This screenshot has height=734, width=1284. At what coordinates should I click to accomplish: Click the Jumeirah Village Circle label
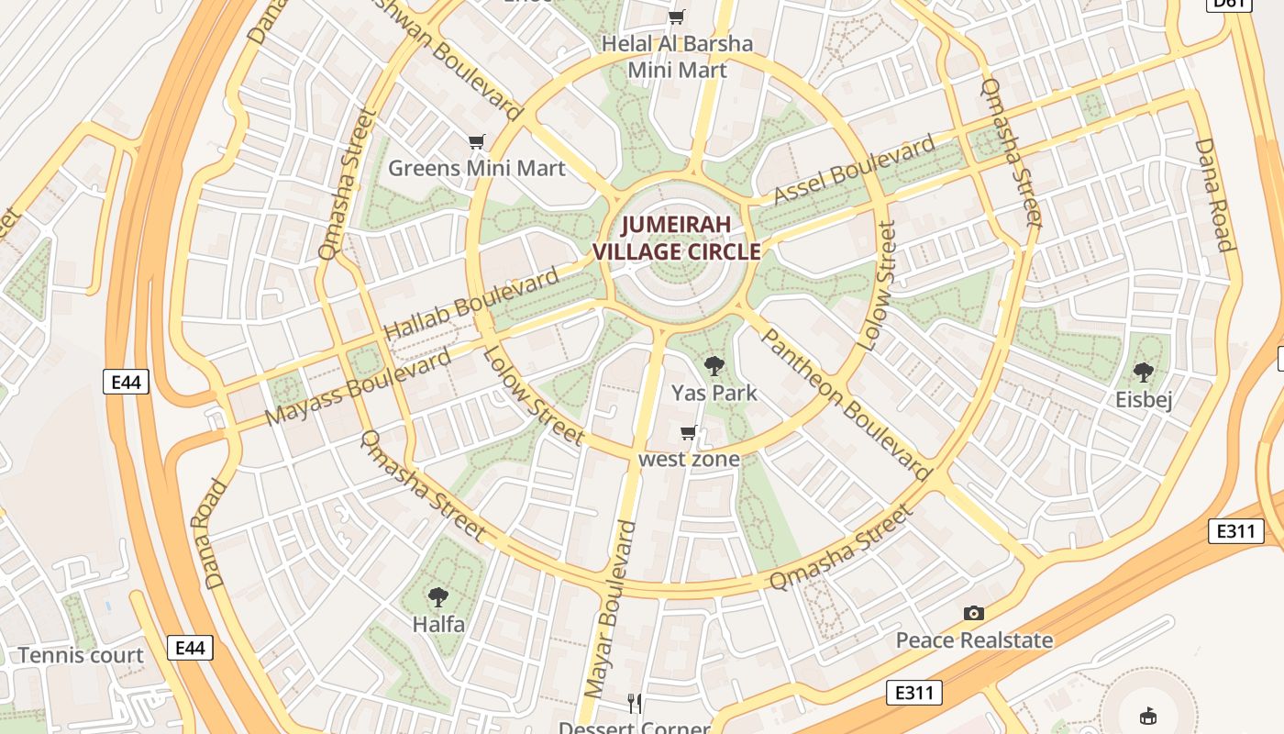(x=677, y=238)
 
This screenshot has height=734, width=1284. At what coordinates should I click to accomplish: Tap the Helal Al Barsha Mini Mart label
(x=677, y=57)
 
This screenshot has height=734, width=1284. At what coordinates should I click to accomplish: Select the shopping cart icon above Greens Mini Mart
(x=476, y=141)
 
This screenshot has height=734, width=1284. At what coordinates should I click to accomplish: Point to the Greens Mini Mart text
(x=476, y=168)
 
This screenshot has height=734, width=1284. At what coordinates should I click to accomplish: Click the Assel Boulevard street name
(x=855, y=170)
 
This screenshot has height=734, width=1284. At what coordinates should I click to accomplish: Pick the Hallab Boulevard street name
(x=471, y=304)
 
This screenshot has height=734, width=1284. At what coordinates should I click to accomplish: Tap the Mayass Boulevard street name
(x=359, y=387)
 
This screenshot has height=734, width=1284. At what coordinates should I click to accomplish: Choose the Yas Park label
(x=714, y=393)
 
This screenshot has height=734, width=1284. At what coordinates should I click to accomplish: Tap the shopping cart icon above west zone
(x=689, y=432)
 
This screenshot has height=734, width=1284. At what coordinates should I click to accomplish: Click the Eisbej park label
(x=1144, y=400)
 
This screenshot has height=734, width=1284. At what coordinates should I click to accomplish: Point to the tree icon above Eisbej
(x=1144, y=373)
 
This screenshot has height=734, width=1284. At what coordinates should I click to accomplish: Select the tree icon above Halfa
(x=438, y=597)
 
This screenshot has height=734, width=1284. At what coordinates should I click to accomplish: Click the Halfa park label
(x=438, y=625)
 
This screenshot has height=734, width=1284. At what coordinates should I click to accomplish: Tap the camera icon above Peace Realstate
(x=973, y=613)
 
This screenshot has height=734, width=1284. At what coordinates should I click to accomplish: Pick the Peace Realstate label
(x=974, y=640)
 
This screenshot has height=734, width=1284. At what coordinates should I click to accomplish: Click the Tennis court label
(x=81, y=655)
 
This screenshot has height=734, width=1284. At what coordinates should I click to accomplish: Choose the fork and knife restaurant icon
(x=635, y=704)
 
